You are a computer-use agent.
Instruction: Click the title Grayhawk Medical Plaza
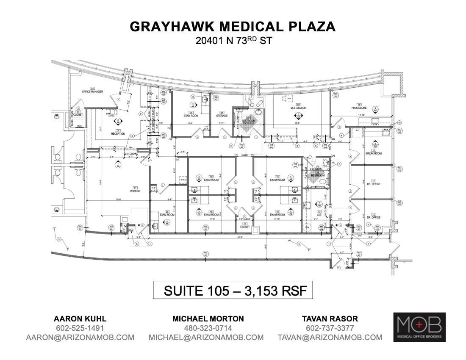pyautogui.click(x=233, y=27)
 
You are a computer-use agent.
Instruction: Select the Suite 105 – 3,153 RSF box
pyautogui.click(x=233, y=291)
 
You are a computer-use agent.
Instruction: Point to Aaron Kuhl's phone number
pyautogui.click(x=80, y=328)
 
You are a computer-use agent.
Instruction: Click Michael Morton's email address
pyautogui.click(x=206, y=338)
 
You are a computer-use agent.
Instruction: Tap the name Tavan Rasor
pyautogui.click(x=330, y=318)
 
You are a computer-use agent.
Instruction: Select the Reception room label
pyautogui.click(x=118, y=133)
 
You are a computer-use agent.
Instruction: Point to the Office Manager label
pyautogui.click(x=92, y=91)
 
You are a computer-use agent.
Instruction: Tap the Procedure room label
pyautogui.click(x=358, y=108)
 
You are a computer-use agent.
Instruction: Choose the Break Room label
pyautogui.click(x=374, y=153)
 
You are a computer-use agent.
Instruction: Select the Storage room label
pyautogui.click(x=222, y=116)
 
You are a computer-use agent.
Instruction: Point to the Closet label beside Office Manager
pyautogui.click(x=78, y=114)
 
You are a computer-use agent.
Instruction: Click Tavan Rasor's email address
pyautogui.click(x=330, y=338)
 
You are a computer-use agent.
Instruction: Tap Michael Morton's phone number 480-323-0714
pyautogui.click(x=206, y=328)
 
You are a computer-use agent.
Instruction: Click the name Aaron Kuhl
pyautogui.click(x=80, y=318)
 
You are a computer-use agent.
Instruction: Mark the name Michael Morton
pyautogui.click(x=206, y=318)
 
